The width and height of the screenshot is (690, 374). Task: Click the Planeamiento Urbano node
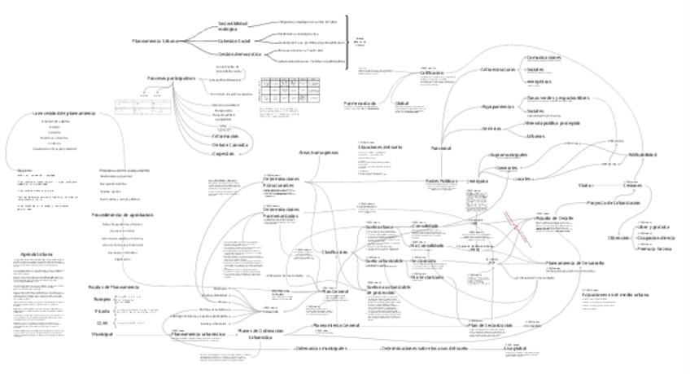155,40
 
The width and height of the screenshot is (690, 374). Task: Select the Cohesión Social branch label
234,40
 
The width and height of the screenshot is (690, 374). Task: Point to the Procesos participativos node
171,78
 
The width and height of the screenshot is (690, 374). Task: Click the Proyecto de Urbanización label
614,202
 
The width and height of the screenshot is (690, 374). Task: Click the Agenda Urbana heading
37,254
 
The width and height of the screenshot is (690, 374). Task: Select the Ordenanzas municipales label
321,348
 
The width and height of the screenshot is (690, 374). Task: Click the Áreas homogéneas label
318,152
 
